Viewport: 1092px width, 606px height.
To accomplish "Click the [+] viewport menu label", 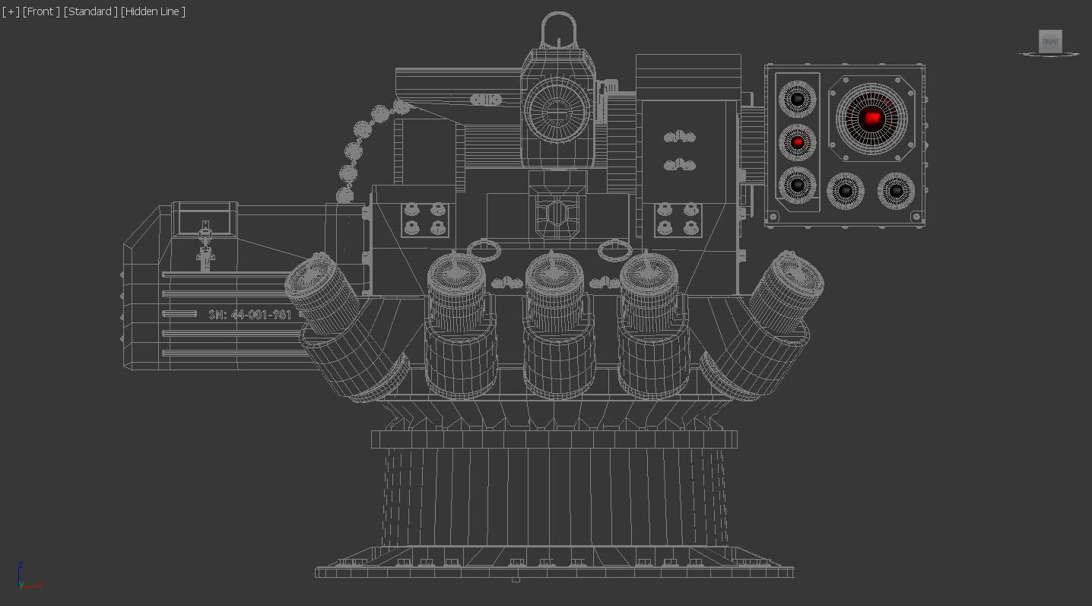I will [11, 11].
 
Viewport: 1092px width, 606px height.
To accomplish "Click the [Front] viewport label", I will [41, 11].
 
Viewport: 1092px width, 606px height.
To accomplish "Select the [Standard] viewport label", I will [90, 11].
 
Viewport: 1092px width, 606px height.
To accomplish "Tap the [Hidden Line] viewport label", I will [153, 11].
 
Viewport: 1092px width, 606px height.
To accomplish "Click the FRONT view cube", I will [1050, 41].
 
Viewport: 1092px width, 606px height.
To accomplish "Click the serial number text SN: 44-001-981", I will [250, 314].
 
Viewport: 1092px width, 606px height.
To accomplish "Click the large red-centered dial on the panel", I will [871, 118].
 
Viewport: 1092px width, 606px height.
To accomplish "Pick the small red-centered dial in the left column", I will [797, 142].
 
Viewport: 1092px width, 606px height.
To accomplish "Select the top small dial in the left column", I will [797, 99].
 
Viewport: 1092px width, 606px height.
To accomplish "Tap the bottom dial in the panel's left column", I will [797, 185].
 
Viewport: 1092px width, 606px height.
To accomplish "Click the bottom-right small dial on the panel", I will [896, 191].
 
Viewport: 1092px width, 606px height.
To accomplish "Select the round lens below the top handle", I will [557, 109].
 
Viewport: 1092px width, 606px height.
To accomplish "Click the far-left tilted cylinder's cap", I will [311, 274].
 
